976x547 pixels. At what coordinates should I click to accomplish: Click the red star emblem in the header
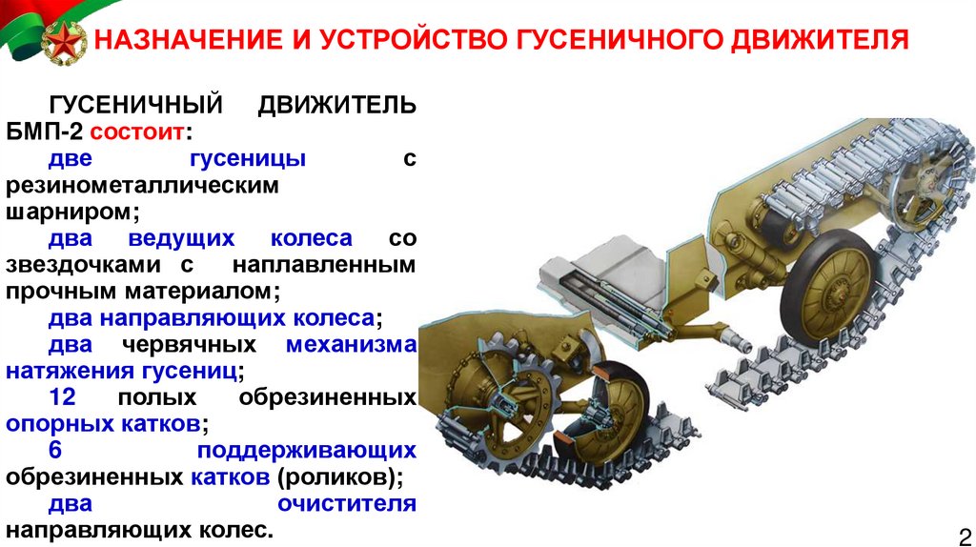[x=64, y=42]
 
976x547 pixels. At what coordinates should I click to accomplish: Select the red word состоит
[x=137, y=132]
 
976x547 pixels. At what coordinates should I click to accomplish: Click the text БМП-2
[x=44, y=132]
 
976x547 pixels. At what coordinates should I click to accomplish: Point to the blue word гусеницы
[x=248, y=159]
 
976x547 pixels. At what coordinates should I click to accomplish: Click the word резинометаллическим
[x=143, y=186]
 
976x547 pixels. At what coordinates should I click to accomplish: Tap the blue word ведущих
[x=181, y=239]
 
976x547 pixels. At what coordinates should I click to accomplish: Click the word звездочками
[x=83, y=265]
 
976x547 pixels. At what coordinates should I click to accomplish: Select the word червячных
[x=190, y=345]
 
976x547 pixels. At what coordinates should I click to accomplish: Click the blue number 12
[x=62, y=397]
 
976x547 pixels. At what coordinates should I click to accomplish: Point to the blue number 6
[x=55, y=450]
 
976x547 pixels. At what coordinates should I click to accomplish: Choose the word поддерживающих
[x=307, y=451]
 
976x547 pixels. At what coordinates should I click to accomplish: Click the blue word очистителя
[x=347, y=503]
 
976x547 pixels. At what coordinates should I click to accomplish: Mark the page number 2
[x=965, y=537]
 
